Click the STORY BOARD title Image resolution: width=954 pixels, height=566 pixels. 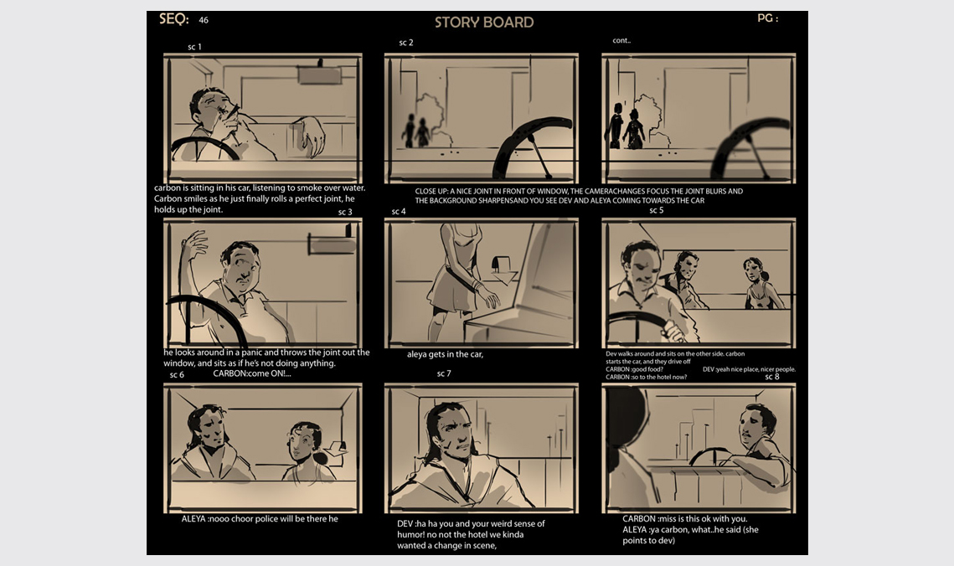[x=483, y=23]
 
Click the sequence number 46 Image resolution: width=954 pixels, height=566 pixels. [x=204, y=20]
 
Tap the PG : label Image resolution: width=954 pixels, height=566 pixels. [x=767, y=18]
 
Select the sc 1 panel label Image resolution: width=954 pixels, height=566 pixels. [x=194, y=47]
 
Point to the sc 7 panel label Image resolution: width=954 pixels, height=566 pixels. [x=444, y=373]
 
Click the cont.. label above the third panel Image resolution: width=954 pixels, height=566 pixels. [x=621, y=41]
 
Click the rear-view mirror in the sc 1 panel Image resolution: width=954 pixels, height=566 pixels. [x=319, y=75]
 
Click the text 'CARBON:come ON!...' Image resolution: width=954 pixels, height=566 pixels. [x=252, y=373]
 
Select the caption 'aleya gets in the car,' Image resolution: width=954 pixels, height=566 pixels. [x=445, y=354]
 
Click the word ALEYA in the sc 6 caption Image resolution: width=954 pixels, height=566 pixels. [x=193, y=518]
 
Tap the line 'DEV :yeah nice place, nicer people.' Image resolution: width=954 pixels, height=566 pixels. [x=749, y=369]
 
